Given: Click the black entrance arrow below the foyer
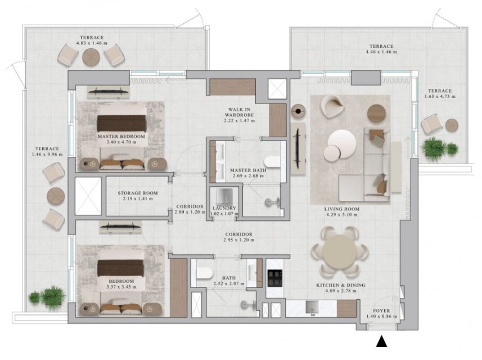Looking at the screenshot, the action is (x=381, y=341).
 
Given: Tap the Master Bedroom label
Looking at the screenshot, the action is (x=121, y=136).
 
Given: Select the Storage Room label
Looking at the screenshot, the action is (x=138, y=193).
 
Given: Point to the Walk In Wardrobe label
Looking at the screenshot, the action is (x=240, y=112).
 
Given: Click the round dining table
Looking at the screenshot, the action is (x=340, y=253).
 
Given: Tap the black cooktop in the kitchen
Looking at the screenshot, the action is (x=275, y=278).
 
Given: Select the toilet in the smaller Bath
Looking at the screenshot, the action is (x=204, y=273).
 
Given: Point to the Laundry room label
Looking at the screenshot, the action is (x=224, y=208).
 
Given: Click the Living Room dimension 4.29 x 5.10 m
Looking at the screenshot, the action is (x=342, y=214).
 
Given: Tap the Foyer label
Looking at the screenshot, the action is (x=381, y=311).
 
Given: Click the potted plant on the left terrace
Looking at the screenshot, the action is (x=47, y=297).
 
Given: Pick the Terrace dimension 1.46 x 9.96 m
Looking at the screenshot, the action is (x=47, y=154).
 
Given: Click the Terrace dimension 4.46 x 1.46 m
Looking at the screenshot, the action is (x=381, y=52).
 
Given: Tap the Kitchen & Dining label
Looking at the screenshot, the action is (x=341, y=285).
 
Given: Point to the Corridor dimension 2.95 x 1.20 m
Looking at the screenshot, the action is (x=239, y=240).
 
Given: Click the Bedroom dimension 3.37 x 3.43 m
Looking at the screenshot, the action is (x=121, y=287).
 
